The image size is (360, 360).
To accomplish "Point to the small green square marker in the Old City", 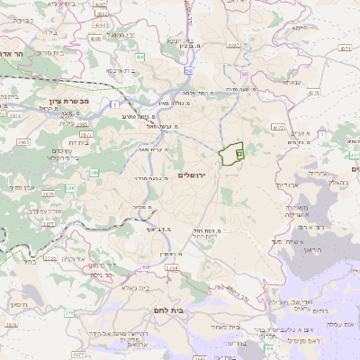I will [x=239, y=154].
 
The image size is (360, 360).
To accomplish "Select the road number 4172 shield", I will [x=278, y=127].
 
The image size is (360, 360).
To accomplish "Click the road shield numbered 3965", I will [x=22, y=142].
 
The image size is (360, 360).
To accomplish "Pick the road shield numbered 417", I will [x=353, y=155].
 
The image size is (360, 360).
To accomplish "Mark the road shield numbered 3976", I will [x=11, y=325].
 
